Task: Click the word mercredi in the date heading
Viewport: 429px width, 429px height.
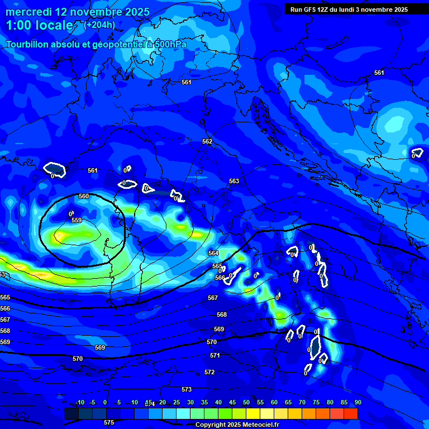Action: pyautogui.click(x=28, y=12)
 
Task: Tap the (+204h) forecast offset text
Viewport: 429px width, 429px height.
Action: pyautogui.click(x=99, y=25)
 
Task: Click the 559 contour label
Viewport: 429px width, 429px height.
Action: pyautogui.click(x=77, y=221)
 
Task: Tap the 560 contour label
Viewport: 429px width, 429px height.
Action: pyautogui.click(x=84, y=196)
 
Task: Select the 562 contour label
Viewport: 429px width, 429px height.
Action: pyautogui.click(x=207, y=141)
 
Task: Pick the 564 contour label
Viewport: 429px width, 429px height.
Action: pyautogui.click(x=213, y=253)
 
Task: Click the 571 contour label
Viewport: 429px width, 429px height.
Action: pyautogui.click(x=215, y=355)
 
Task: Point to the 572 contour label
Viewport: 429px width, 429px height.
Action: pyautogui.click(x=209, y=372)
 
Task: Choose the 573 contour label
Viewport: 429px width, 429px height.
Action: pyautogui.click(x=187, y=389)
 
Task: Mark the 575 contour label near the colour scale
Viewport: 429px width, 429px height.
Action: pyautogui.click(x=109, y=422)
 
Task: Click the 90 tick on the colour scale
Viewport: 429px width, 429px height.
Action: pyautogui.click(x=357, y=402)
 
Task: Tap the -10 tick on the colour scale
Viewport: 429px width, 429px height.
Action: pyautogui.click(x=79, y=402)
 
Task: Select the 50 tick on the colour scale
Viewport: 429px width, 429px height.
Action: pyautogui.click(x=246, y=402)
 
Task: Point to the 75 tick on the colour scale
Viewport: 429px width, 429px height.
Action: pyautogui.click(x=316, y=402)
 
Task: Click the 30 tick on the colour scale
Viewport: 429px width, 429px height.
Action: pyautogui.click(x=190, y=402)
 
